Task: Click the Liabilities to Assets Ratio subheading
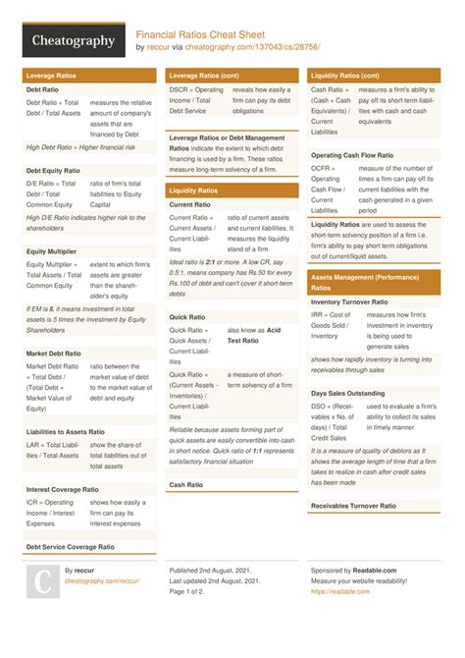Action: click(x=66, y=431)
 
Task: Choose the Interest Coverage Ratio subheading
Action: click(x=63, y=488)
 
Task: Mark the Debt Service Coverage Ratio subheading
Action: click(x=71, y=546)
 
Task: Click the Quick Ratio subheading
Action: click(x=186, y=317)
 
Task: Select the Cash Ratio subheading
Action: click(x=185, y=484)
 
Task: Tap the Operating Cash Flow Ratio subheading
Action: click(x=352, y=155)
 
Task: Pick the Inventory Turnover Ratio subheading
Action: click(x=349, y=302)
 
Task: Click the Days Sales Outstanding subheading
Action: click(x=348, y=393)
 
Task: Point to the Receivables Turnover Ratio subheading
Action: click(x=353, y=505)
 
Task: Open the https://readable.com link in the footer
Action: click(x=334, y=592)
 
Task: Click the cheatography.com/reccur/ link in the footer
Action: click(x=102, y=581)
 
